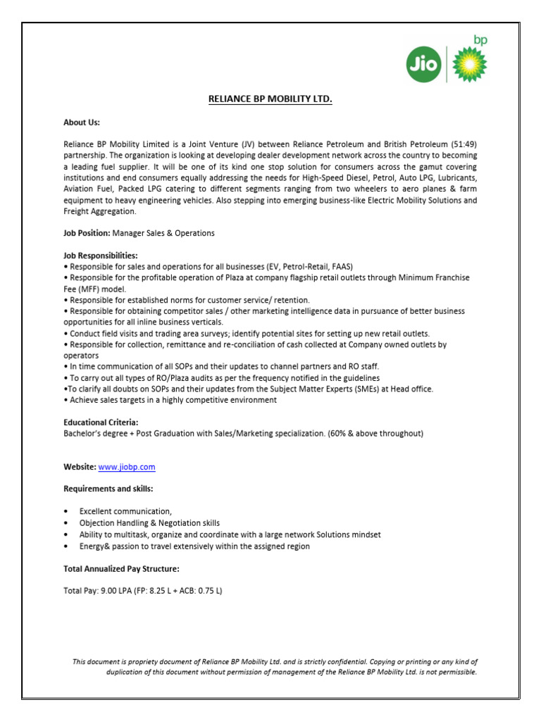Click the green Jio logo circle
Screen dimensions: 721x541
tap(424, 66)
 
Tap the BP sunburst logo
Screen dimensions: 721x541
tap(464, 65)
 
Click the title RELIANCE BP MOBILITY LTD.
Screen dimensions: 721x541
tap(270, 99)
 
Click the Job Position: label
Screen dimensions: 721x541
tap(87, 232)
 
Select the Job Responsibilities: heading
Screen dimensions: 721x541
tap(101, 255)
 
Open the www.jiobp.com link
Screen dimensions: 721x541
tap(127, 467)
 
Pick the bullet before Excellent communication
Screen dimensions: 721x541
tap(66, 512)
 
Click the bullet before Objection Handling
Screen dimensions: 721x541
tap(66, 523)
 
